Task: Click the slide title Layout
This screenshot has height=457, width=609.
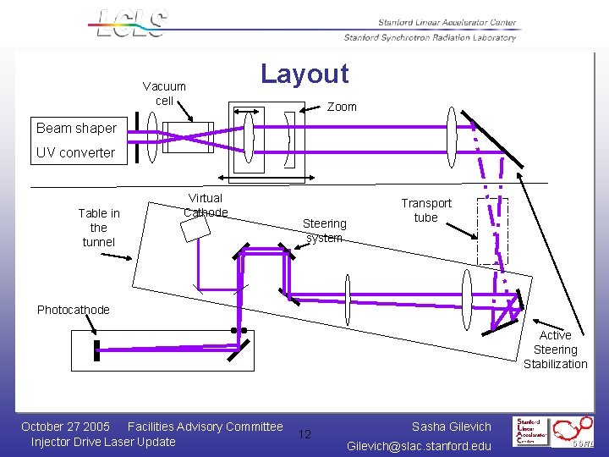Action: click(x=304, y=74)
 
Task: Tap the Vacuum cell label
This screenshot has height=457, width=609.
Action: click(x=164, y=94)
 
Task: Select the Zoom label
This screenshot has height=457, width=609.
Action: click(x=342, y=107)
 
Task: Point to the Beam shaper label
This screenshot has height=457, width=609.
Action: click(x=76, y=129)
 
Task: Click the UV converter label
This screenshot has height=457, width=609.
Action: click(x=75, y=153)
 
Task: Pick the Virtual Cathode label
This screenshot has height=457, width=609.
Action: click(x=206, y=206)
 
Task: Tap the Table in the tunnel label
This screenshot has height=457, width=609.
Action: click(x=99, y=228)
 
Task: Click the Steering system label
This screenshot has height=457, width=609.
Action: click(x=325, y=230)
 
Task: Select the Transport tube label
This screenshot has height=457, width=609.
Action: click(x=426, y=211)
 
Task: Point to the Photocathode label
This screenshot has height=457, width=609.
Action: click(x=74, y=310)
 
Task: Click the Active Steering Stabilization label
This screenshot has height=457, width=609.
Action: click(x=555, y=350)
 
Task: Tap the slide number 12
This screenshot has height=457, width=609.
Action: click(x=305, y=434)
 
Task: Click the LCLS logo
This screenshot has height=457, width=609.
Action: click(x=131, y=24)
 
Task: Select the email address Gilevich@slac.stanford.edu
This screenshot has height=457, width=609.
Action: click(x=419, y=446)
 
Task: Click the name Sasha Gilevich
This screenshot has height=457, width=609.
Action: click(x=451, y=427)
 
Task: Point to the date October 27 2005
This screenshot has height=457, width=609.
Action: click(x=65, y=427)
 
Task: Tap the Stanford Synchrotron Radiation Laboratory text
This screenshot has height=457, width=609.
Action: click(x=430, y=37)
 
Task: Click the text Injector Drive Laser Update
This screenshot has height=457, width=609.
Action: click(x=103, y=442)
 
